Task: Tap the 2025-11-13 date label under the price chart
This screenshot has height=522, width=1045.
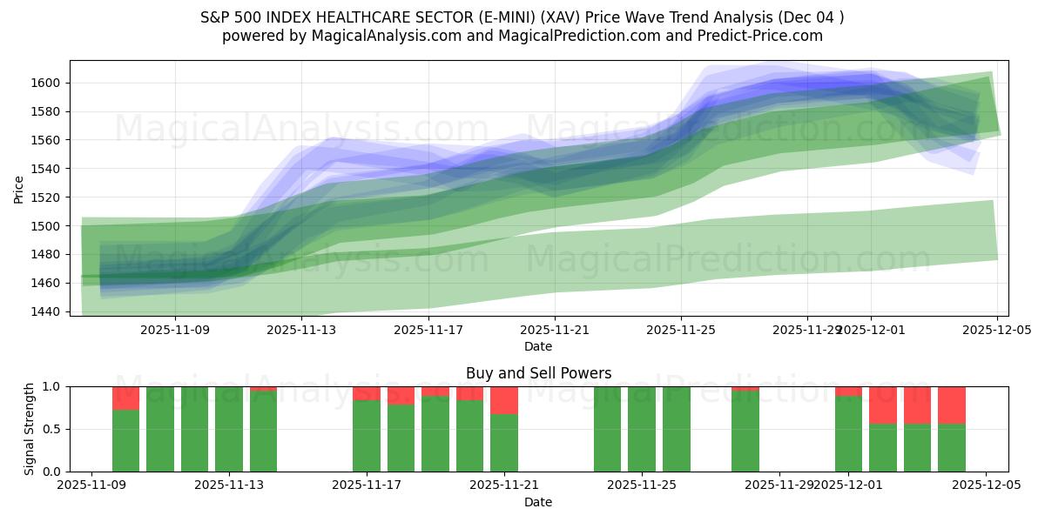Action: point(301,330)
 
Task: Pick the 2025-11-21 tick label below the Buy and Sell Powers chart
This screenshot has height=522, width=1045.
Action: point(504,485)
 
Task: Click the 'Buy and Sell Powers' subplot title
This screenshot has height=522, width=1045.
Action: point(538,373)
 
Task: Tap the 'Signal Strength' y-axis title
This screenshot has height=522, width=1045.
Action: point(30,429)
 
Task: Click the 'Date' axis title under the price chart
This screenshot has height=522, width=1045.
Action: point(538,346)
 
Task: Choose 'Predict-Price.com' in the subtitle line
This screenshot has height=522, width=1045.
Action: point(766,36)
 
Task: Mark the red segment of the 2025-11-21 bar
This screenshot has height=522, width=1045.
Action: point(504,400)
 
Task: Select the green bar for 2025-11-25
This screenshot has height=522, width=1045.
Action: point(642,429)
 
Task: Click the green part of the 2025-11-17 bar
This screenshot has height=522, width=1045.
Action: point(367,436)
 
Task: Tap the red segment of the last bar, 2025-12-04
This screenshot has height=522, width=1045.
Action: point(952,405)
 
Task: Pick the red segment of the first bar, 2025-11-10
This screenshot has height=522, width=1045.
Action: point(125,398)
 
